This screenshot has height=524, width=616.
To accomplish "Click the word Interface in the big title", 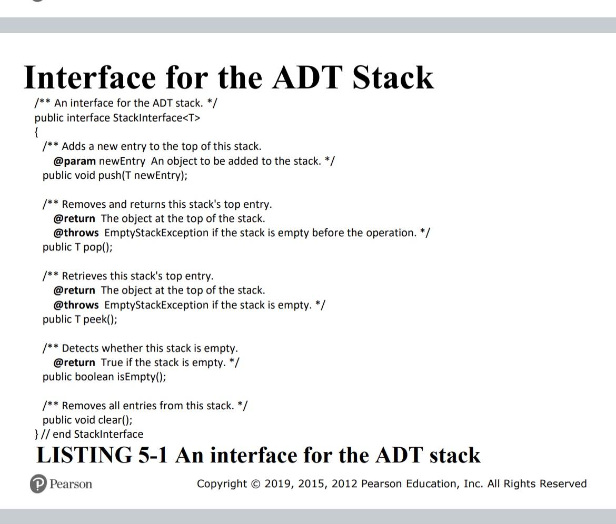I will (90, 77).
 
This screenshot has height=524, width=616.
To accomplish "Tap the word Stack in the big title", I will (393, 77).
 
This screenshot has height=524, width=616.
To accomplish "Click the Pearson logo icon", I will (38, 484).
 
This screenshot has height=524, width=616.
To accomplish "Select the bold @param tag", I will (75, 161).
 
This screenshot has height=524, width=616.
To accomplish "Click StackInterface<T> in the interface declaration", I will (156, 118).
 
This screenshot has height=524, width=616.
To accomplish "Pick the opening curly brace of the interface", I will (37, 132).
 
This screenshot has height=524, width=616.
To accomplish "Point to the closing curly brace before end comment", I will (36, 435).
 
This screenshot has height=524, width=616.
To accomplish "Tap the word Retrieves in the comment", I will (85, 276).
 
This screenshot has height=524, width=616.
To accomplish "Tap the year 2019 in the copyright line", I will (277, 484).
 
